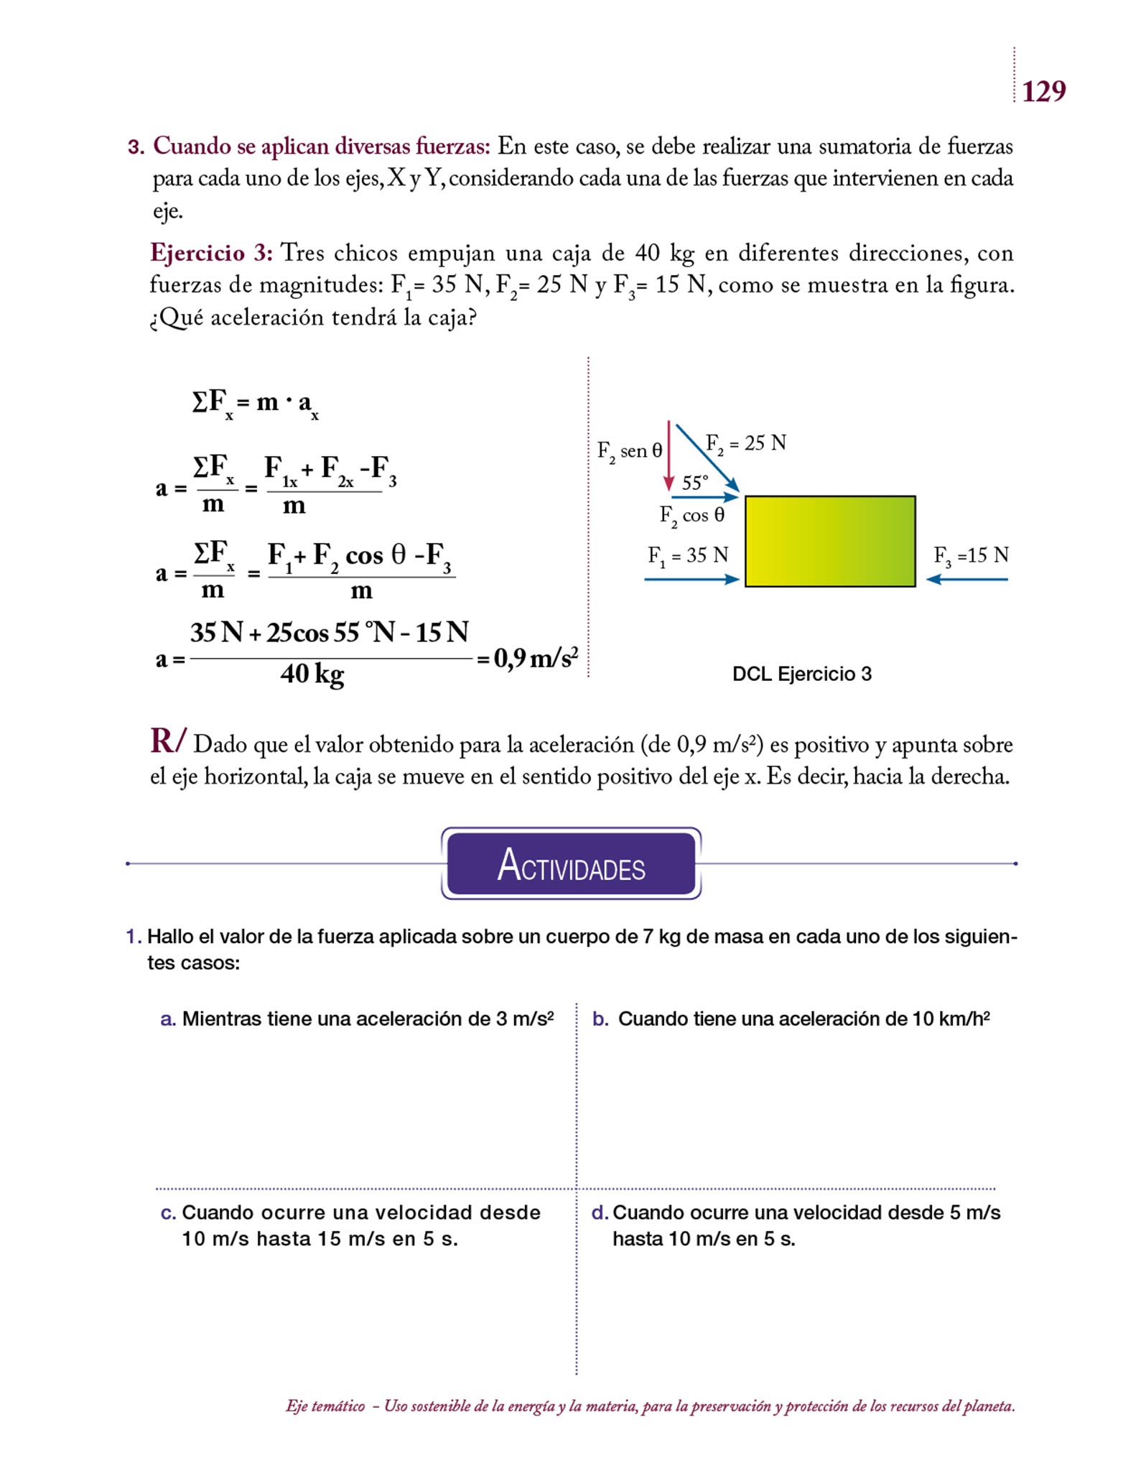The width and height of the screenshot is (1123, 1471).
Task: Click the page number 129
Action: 1043,91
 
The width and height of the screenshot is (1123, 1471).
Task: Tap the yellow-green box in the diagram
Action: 830,541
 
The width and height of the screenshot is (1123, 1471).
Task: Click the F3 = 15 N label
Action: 971,555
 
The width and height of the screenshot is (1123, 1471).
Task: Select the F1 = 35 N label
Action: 688,555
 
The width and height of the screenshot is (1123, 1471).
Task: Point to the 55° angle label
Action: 694,483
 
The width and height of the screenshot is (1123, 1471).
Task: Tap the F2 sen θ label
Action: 630,451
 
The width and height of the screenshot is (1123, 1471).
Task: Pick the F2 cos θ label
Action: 692,516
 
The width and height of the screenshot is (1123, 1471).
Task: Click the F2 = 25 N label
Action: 746,443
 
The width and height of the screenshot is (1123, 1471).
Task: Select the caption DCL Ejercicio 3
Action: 801,674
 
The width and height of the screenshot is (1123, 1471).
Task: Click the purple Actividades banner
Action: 572,864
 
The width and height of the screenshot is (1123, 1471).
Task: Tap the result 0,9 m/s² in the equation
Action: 536,657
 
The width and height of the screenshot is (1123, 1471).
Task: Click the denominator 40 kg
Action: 312,674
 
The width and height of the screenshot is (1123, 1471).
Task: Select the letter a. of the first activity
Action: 168,1019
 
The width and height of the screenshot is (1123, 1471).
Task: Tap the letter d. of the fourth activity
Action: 600,1212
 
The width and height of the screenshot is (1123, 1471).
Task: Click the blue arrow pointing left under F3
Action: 967,579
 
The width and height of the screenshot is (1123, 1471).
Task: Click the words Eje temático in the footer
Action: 325,1406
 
